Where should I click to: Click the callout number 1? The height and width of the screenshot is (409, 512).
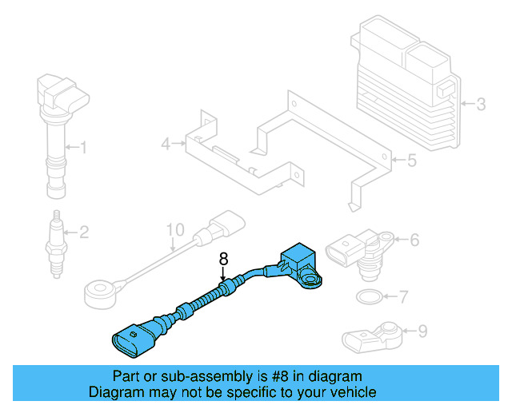coord(83,146)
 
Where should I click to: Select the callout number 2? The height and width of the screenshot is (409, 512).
coord(83,232)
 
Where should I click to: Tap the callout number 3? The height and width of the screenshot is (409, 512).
coord(481,104)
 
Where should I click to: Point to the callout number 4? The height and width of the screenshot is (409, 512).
coord(166,145)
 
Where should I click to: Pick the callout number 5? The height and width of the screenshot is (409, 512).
coord(411,161)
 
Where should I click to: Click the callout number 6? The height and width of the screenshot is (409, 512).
coord(414,239)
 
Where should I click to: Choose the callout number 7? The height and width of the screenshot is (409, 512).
coord(403,297)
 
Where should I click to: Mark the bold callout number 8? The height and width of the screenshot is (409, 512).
coord(224,259)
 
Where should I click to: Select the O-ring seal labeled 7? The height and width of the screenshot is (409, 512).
coord(367,298)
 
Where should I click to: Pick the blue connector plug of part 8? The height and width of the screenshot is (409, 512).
coord(130,339)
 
